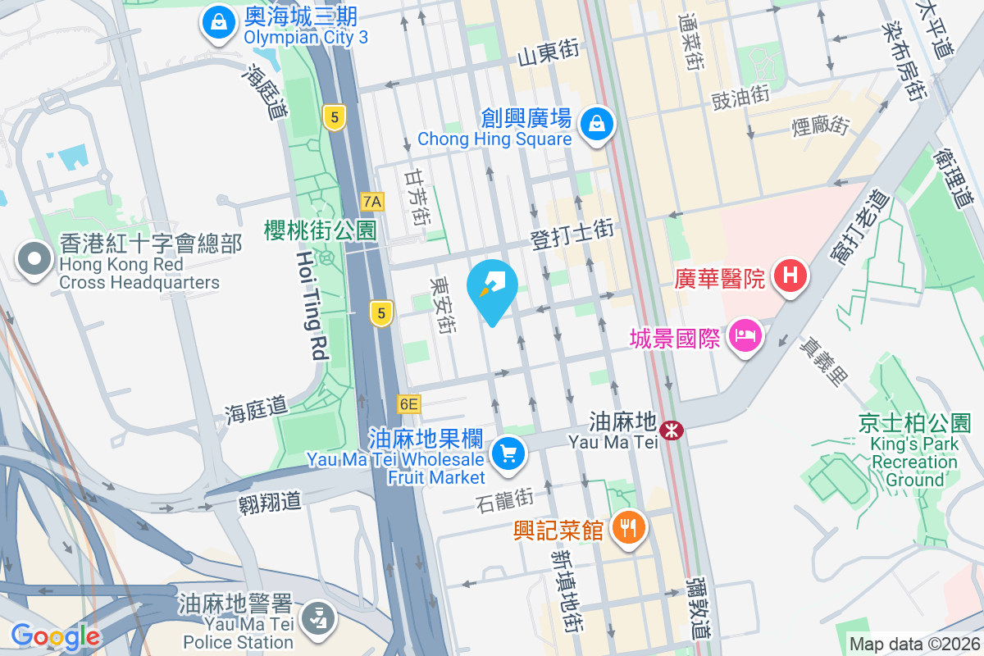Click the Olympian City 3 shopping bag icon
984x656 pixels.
click(219, 23)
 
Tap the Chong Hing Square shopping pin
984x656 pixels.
click(597, 125)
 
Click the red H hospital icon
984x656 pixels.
click(790, 275)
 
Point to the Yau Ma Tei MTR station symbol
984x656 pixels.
click(672, 429)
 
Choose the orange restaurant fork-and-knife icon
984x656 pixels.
click(630, 526)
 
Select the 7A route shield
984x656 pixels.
click(372, 201)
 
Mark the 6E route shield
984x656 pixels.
click(408, 403)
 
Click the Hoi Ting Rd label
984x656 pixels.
click(312, 306)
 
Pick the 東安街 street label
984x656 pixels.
click(444, 303)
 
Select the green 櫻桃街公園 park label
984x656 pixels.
click(320, 230)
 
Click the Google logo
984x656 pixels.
click(55, 635)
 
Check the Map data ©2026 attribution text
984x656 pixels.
click(913, 645)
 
